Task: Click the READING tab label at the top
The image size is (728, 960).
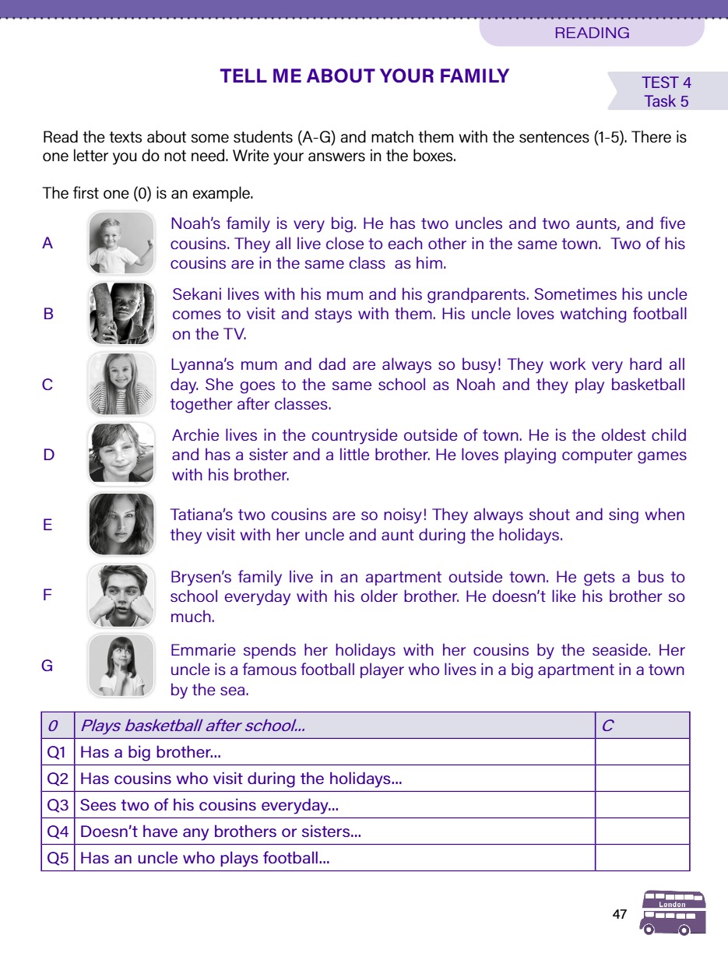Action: pos(592,33)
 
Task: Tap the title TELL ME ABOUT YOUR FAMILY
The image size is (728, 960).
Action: pos(364,76)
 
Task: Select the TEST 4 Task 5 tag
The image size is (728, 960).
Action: pos(666,92)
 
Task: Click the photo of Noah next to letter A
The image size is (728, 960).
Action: pos(121,243)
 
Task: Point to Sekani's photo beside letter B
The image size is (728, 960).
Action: pos(121,315)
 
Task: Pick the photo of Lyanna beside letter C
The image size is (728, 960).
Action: pos(121,385)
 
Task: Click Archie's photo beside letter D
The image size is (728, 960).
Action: pos(121,455)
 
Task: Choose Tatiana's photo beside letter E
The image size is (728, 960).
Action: pos(121,524)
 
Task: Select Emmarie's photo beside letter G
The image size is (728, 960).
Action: pos(121,666)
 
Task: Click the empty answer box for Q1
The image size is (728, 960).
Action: pos(642,752)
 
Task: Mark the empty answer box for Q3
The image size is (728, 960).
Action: pos(642,805)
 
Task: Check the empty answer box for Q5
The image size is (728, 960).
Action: pos(642,858)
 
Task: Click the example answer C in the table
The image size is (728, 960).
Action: pos(607,726)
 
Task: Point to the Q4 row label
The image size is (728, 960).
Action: pos(58,832)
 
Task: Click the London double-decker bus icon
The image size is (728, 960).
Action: pos(673,913)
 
